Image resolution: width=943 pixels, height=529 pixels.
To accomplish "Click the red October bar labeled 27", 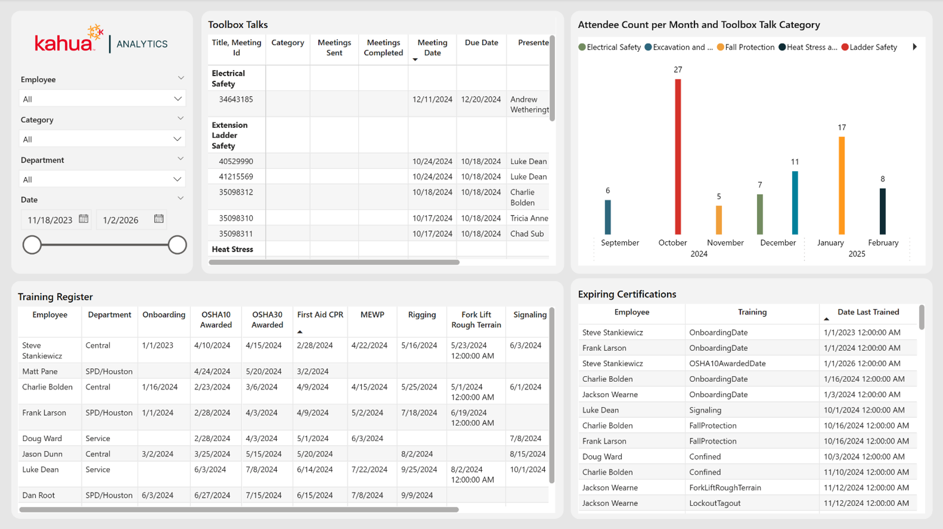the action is click(678, 157).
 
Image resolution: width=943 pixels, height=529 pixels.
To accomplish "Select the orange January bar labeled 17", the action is click(842, 186).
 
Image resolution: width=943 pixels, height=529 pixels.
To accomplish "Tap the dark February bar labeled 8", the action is click(883, 211).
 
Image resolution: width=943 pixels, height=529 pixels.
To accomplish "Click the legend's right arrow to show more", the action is click(915, 47).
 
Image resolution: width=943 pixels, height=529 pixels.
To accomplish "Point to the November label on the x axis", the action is click(725, 243).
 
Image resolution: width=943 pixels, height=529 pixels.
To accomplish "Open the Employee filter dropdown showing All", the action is click(102, 99).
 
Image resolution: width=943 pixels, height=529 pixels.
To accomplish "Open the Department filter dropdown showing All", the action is click(102, 179).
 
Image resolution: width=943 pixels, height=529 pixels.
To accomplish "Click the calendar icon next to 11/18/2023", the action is click(84, 219).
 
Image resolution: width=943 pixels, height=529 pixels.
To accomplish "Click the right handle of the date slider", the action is click(177, 245).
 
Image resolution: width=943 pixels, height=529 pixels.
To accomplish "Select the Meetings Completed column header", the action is click(383, 48).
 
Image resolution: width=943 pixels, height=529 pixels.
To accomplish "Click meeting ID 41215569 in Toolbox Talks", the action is click(236, 177).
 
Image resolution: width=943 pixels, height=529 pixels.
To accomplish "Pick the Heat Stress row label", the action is click(232, 249).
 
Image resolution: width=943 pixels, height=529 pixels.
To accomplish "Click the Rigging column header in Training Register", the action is click(422, 315).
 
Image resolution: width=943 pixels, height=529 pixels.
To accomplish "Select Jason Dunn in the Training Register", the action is click(42, 454).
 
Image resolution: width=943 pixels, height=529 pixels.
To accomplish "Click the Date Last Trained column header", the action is click(868, 312).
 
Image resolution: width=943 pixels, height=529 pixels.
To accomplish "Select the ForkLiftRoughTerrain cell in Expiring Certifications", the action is click(725, 488).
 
